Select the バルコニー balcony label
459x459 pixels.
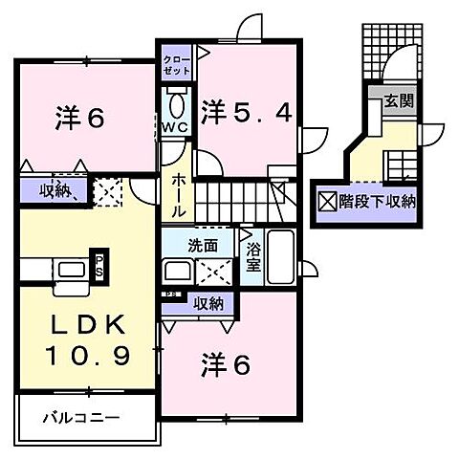pos(79,417)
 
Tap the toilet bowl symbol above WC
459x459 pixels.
pos(176,101)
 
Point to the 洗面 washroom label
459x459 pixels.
pos(203,245)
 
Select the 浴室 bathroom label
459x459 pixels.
pos(253,256)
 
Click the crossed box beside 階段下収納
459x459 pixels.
pos(328,202)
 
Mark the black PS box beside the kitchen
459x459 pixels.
pos(98,265)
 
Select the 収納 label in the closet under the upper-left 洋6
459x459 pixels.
pos(55,189)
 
